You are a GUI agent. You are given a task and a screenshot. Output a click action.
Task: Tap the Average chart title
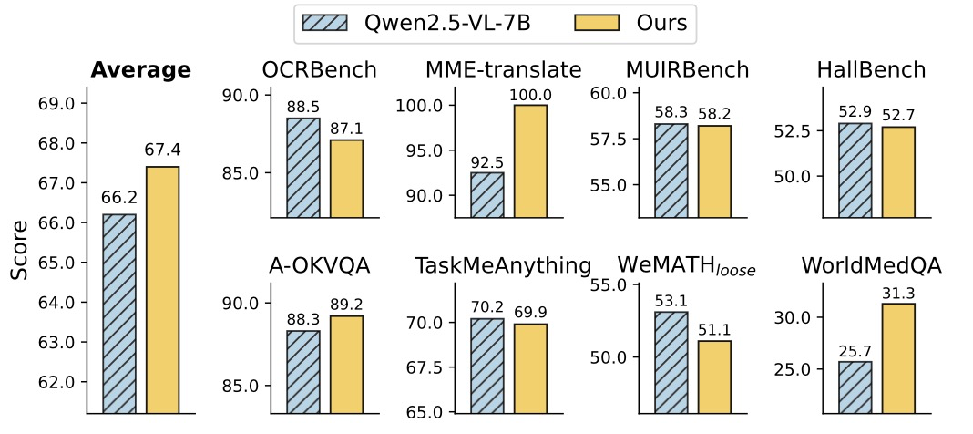(140, 71)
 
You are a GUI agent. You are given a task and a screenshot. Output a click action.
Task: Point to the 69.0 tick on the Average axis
(56, 104)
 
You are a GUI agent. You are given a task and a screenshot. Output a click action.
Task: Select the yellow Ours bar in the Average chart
(163, 290)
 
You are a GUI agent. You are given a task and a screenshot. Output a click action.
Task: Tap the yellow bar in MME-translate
(530, 161)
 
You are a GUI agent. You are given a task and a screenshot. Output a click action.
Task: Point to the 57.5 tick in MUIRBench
(608, 139)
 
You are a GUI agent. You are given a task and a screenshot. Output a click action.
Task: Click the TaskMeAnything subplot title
(502, 265)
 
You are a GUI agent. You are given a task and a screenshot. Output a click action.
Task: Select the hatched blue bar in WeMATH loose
(671, 362)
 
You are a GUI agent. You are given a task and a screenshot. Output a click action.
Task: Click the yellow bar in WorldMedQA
(897, 358)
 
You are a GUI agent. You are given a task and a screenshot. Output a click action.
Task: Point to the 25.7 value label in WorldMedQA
(855, 351)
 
